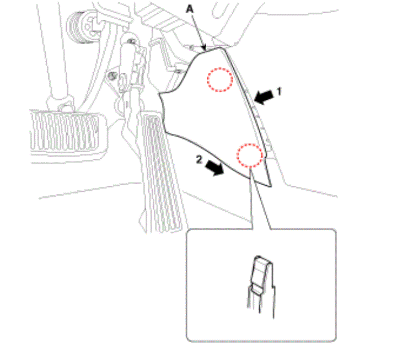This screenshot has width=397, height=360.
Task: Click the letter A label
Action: point(190,9)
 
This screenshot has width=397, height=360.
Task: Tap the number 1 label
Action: point(279,92)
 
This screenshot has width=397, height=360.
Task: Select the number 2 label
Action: point(199,160)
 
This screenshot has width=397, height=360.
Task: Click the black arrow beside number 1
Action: point(264,97)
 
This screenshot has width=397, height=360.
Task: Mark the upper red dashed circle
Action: point(220,79)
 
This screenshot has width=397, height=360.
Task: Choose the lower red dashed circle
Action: point(250,155)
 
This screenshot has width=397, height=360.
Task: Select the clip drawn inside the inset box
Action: point(261,286)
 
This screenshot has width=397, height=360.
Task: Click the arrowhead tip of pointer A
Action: point(205,50)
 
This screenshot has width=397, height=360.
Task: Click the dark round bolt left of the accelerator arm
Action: point(111,75)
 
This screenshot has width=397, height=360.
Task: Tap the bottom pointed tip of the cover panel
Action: point(271,186)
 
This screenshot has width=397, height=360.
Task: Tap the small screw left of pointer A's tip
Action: point(192,47)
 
